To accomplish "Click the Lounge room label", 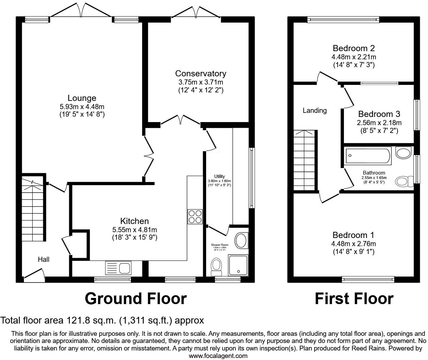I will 82,98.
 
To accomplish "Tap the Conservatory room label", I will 200,73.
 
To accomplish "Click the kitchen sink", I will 118,267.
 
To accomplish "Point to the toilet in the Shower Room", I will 216,266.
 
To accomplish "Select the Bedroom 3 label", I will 379,114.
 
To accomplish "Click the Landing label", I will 315,110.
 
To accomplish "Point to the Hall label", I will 44,259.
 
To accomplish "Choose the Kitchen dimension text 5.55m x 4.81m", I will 135,230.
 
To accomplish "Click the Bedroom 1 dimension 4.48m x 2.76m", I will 354,244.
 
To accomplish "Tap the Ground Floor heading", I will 136,299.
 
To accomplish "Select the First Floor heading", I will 354,299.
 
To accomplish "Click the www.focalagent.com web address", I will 218,356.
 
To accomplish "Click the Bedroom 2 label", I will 354,48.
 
